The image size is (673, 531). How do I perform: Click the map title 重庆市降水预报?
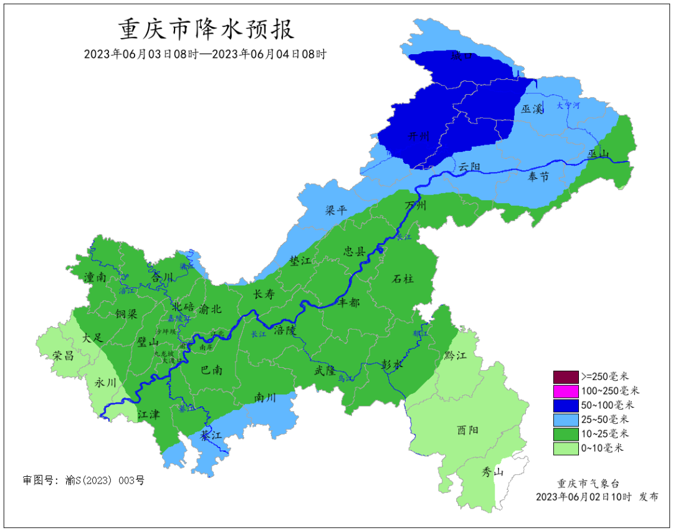click(206, 29)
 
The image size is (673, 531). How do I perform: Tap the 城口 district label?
click(462, 56)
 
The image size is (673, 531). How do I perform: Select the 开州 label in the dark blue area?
click(418, 136)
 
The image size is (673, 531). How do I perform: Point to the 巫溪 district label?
click(532, 109)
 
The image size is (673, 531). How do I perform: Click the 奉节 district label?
click(538, 177)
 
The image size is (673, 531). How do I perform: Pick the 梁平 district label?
click(336, 211)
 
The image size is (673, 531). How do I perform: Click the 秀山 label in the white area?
click(492, 472)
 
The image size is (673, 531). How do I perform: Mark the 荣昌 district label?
click(63, 356)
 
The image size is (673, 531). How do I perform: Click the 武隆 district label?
click(325, 370)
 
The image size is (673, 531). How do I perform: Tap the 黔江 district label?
click(456, 355)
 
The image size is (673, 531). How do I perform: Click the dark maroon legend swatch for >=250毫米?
click(565, 376)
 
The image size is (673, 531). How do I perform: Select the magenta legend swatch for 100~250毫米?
click(565, 391)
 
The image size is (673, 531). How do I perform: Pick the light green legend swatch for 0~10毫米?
click(565, 447)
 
